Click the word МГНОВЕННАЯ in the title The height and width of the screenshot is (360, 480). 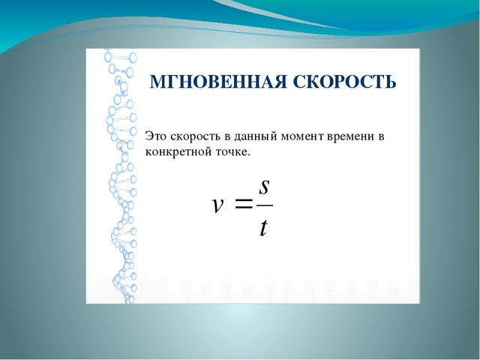click(217, 82)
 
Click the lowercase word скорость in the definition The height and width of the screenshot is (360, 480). click(195, 136)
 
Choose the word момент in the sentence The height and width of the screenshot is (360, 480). click(302, 136)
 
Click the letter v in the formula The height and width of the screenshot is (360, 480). click(217, 205)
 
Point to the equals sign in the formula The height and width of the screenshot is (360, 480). click(244, 203)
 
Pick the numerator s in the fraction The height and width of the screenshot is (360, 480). click(264, 187)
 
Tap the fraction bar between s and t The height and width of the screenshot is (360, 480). click(265, 205)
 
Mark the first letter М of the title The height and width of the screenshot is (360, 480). click(158, 82)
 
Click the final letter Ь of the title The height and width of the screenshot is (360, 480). click(391, 82)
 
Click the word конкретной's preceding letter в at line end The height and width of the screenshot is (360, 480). click(382, 136)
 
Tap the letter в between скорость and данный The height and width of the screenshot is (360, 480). click(227, 136)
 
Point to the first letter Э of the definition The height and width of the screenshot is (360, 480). click(148, 136)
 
